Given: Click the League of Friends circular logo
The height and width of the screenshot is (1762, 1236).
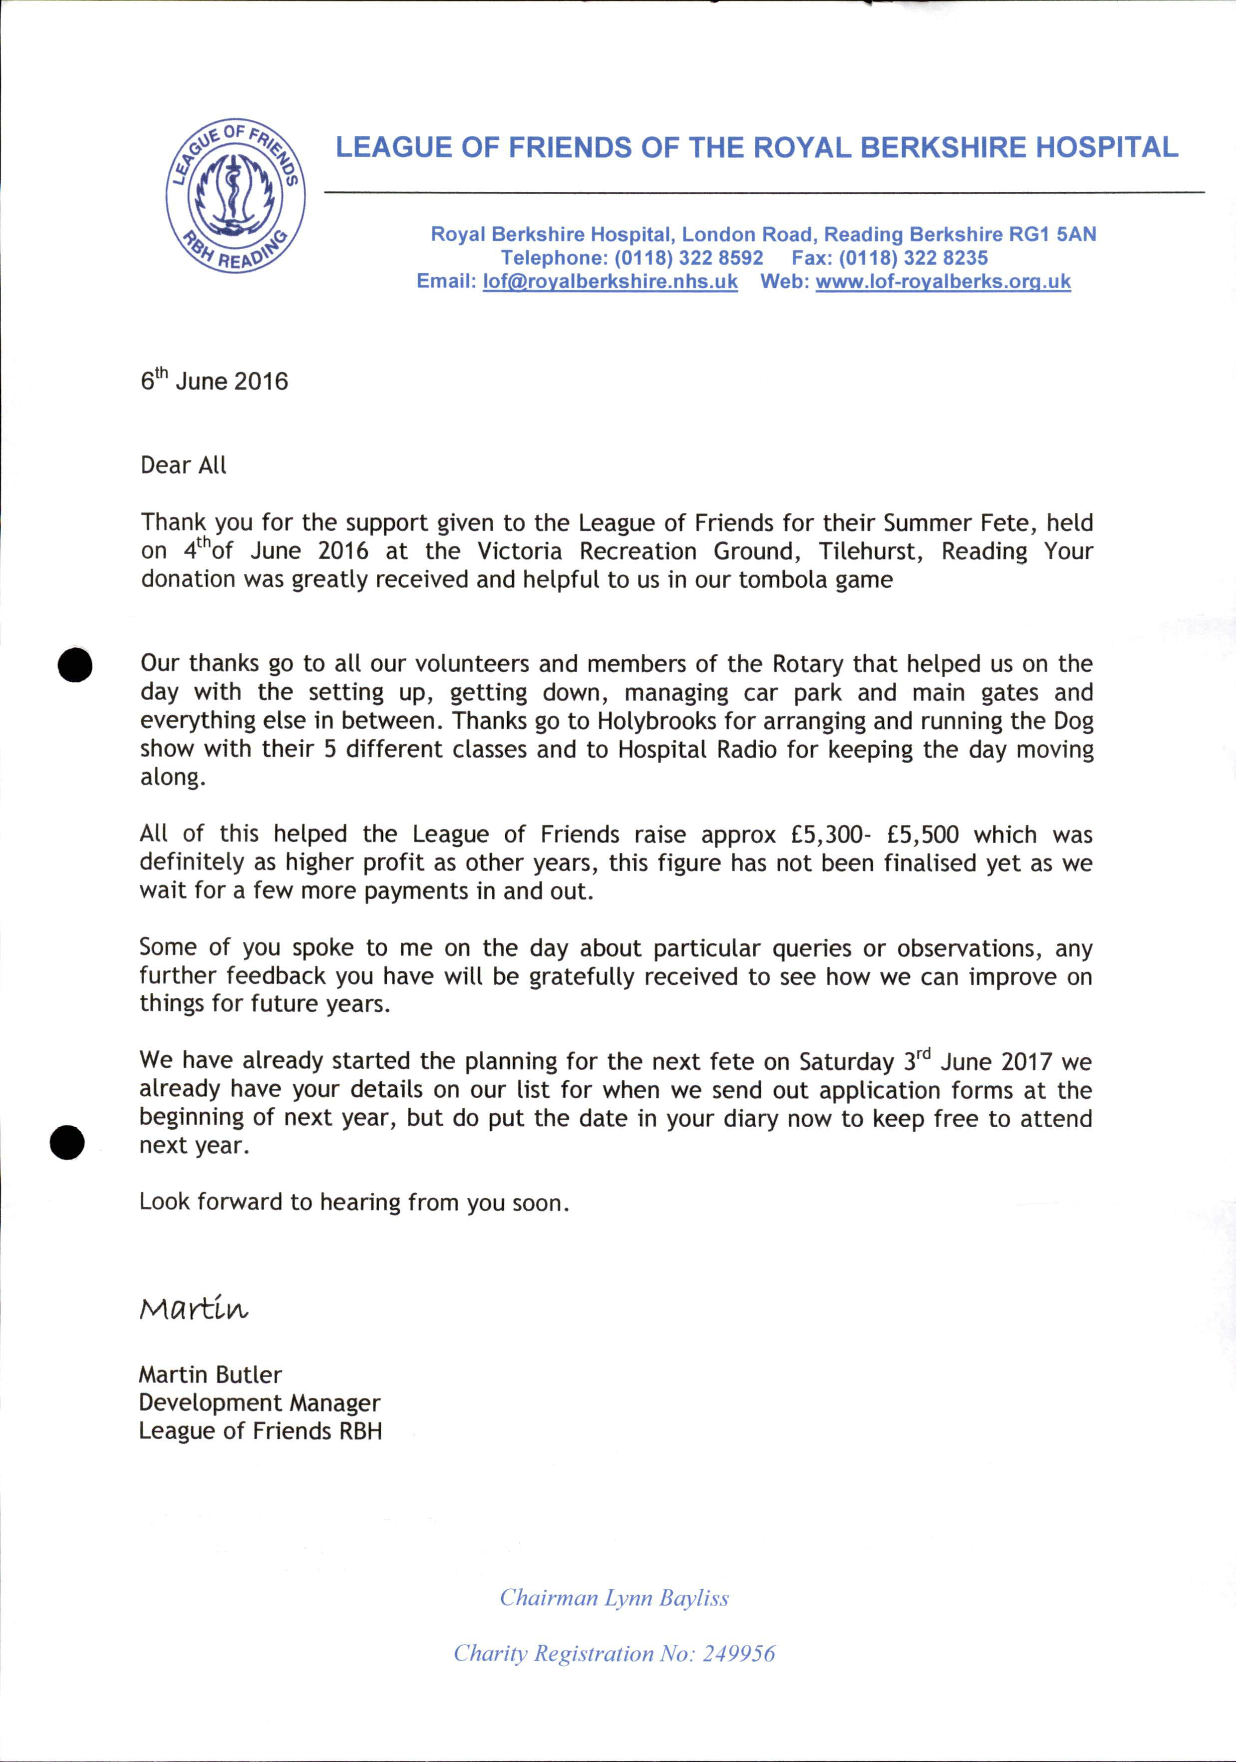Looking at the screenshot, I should click(x=236, y=196).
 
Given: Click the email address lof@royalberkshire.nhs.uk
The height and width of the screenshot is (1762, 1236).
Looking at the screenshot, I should click(x=610, y=282).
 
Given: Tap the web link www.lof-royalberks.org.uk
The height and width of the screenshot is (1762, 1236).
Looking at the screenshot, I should click(x=943, y=282).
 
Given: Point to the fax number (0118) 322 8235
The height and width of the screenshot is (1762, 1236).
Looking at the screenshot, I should click(x=913, y=258).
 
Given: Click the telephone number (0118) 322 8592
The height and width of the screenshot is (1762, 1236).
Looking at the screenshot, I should click(x=688, y=258).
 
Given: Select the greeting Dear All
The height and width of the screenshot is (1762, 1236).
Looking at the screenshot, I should click(x=183, y=465).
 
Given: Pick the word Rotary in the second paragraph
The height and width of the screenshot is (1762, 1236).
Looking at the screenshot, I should click(x=808, y=663).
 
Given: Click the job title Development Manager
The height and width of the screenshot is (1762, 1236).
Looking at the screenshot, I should click(x=259, y=1403).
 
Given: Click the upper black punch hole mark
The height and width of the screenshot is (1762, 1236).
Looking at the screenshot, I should click(x=75, y=665).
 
